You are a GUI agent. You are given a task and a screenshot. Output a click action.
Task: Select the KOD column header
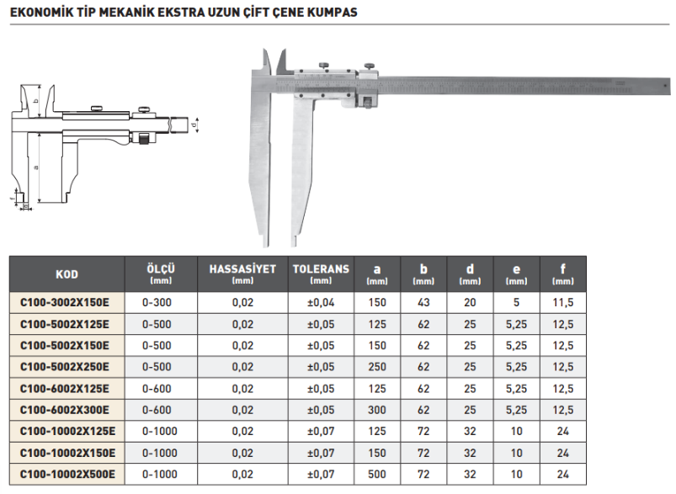point(67,274)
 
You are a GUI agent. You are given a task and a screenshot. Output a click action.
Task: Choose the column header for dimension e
point(516,274)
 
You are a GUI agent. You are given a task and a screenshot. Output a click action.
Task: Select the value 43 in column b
point(424,301)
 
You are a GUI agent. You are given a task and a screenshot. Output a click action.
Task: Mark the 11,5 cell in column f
point(562,301)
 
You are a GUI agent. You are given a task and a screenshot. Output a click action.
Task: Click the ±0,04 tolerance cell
point(321,301)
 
